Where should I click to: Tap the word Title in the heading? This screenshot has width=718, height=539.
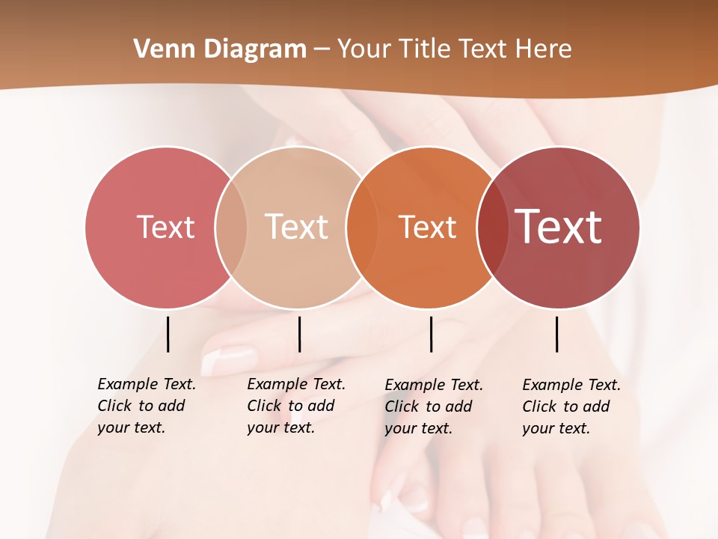pyautogui.click(x=425, y=49)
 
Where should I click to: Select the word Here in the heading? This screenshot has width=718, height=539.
pyautogui.click(x=542, y=49)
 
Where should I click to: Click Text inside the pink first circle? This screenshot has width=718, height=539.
pyautogui.click(x=165, y=227)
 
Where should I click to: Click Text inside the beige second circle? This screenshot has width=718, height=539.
pyautogui.click(x=297, y=227)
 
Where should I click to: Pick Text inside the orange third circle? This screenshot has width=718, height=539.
pyautogui.click(x=427, y=227)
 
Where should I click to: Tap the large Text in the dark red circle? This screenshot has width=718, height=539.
pyautogui.click(x=559, y=226)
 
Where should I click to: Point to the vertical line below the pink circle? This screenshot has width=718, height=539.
pyautogui.click(x=168, y=334)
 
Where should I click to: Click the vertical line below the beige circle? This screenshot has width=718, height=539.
pyautogui.click(x=299, y=334)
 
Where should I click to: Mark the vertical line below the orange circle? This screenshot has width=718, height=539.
pyautogui.click(x=431, y=334)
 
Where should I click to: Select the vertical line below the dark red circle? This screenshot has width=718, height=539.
pyautogui.click(x=556, y=334)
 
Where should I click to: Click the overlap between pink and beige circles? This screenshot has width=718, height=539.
pyautogui.click(x=231, y=227)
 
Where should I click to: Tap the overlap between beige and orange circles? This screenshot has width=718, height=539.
pyautogui.click(x=362, y=227)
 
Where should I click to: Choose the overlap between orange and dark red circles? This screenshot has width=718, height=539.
pyautogui.click(x=492, y=227)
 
